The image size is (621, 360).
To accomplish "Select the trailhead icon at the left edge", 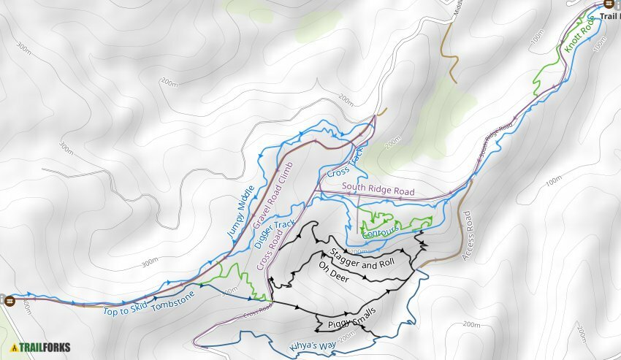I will (4, 299).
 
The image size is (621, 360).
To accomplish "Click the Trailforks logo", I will (41, 348).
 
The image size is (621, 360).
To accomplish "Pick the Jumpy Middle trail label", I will (240, 211).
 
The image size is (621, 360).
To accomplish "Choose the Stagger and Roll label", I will (363, 259).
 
